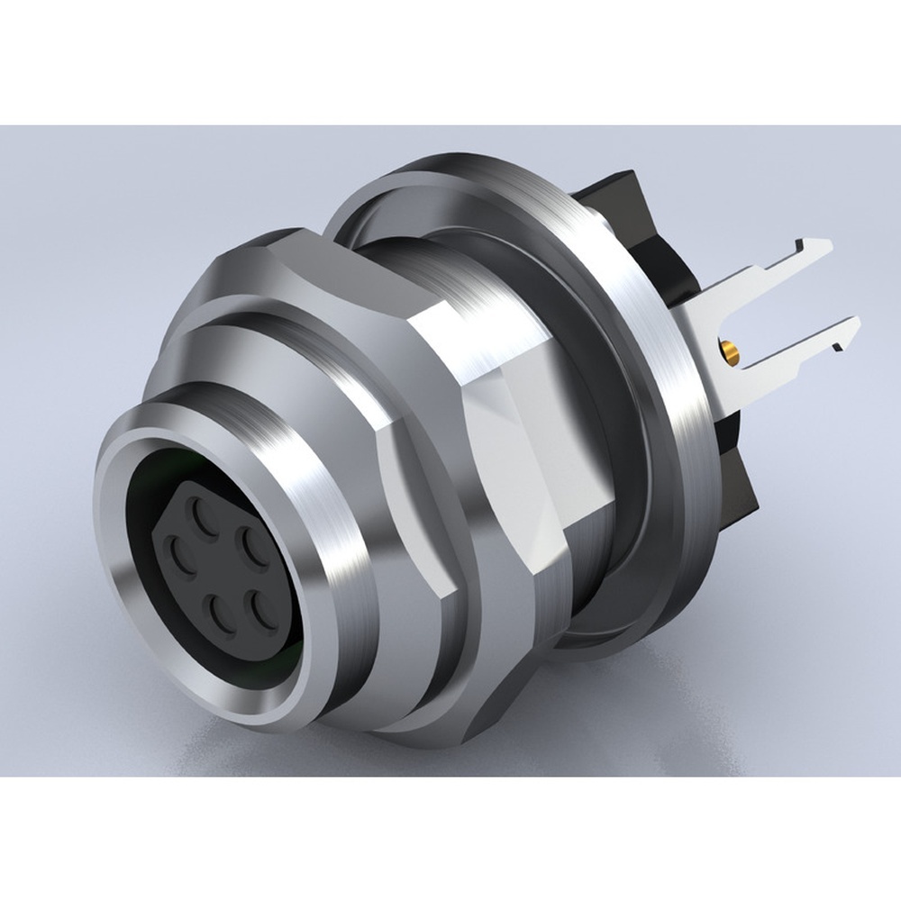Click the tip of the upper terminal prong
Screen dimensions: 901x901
point(827,245)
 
